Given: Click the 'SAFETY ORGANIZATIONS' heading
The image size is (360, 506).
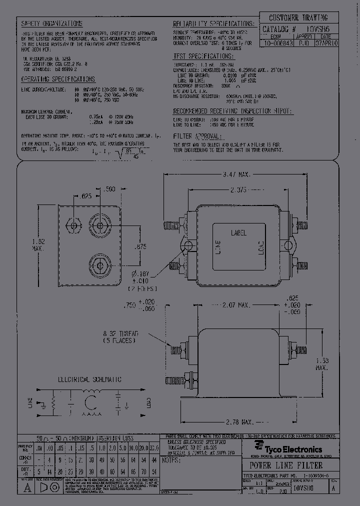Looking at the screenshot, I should pos(51,24).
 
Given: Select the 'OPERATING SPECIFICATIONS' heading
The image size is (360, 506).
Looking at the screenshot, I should pos(58,79).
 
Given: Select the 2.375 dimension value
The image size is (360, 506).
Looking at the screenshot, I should pos(235,190).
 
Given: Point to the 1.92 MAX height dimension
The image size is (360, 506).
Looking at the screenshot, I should pos(38,244).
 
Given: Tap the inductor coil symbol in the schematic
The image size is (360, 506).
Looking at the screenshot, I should pos(90,402).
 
